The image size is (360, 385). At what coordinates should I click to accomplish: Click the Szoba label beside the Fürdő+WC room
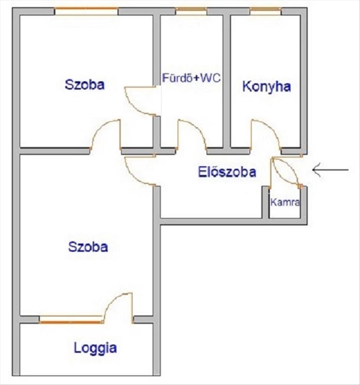coord(84,85)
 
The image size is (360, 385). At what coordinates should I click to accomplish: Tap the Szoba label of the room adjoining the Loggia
coord(88,247)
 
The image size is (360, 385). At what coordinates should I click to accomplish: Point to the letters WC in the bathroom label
coord(211,79)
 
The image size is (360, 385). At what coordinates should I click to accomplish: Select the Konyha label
coord(266,87)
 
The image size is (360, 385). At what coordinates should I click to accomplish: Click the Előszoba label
coord(227,172)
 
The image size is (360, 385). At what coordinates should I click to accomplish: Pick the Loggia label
coord(95,348)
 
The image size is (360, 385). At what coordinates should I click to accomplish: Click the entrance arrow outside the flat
coord(330,170)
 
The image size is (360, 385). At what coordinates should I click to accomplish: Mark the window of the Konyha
coord(265,10)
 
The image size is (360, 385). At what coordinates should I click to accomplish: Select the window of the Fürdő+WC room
coord(191,10)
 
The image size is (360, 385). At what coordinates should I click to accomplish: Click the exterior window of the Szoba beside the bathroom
coord(86,10)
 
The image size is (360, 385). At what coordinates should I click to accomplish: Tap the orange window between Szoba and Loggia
coord(71,320)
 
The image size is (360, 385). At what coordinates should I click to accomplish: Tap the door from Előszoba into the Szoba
coord(139,171)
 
